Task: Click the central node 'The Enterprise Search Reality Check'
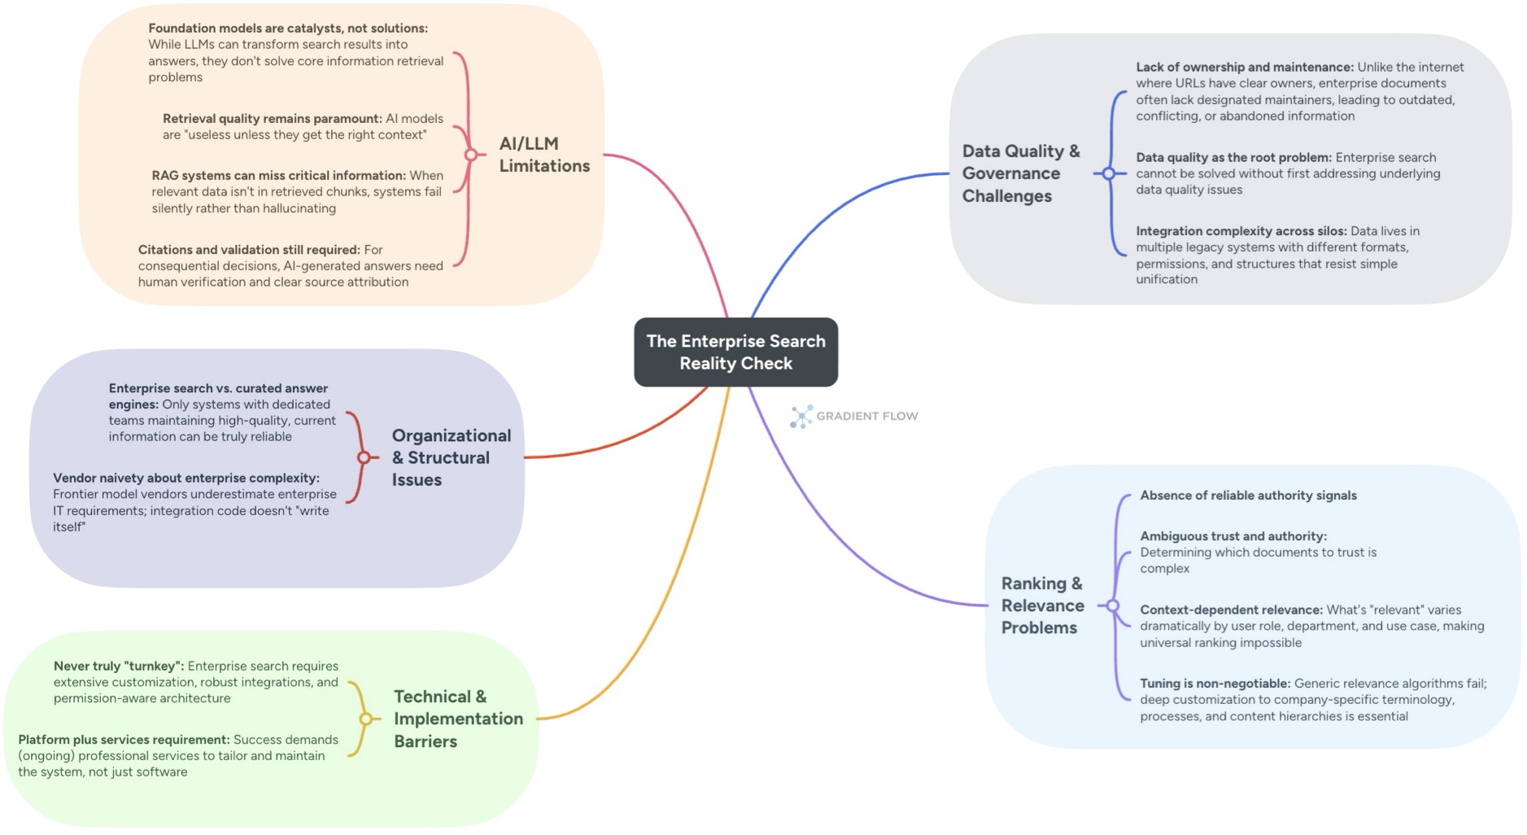[735, 352]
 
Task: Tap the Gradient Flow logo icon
[801, 417]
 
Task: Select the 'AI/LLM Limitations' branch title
[543, 155]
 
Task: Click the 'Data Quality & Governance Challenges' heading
[1020, 173]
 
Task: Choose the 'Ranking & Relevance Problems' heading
[1042, 605]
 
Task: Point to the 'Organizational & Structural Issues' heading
[451, 457]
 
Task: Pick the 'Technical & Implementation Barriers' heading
[457, 719]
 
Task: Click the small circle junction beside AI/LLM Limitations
[470, 155]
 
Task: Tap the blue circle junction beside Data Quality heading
[1108, 173]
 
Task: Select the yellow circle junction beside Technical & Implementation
[365, 719]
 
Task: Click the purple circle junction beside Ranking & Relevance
[1112, 605]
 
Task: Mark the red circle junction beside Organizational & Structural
[364, 457]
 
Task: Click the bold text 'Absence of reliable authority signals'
[1247, 496]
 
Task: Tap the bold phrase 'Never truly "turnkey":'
[119, 666]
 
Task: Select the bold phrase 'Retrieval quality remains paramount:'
[272, 119]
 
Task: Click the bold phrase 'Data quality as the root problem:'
[1233, 157]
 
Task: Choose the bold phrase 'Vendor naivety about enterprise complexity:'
[186, 478]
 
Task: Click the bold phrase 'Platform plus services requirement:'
[124, 740]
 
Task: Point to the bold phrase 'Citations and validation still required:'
[249, 250]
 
